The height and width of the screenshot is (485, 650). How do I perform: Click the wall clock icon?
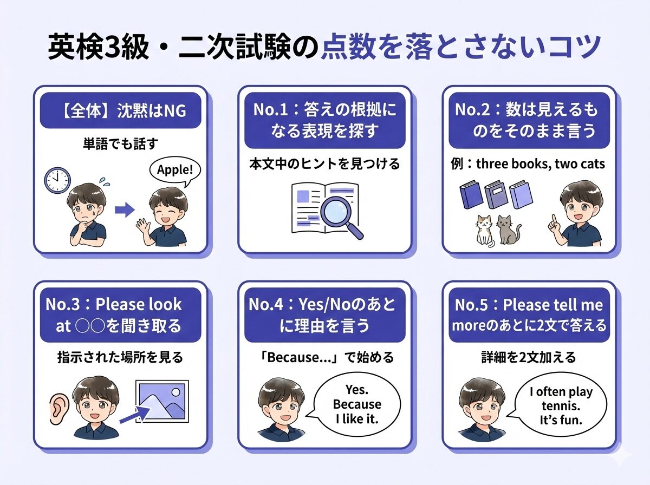tap(57, 180)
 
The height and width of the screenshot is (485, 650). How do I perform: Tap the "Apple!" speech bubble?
tap(174, 171)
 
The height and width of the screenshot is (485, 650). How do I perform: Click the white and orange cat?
tap(484, 230)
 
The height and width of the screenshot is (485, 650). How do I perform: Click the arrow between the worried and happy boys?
tap(125, 210)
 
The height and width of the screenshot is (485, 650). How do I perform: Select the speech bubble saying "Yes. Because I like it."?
tap(356, 404)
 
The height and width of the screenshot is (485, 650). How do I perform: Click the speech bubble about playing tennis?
tap(561, 405)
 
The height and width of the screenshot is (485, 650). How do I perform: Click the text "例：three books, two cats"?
tap(528, 163)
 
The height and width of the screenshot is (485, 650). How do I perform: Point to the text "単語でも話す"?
tap(120, 146)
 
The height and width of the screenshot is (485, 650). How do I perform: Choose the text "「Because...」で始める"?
tap(324, 357)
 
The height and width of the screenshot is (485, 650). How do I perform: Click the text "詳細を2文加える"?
tap(528, 357)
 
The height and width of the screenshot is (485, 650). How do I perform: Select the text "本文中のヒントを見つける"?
tap(324, 163)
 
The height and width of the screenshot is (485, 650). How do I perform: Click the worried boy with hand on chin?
tap(87, 217)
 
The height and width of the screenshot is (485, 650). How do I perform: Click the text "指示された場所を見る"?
tap(120, 357)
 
